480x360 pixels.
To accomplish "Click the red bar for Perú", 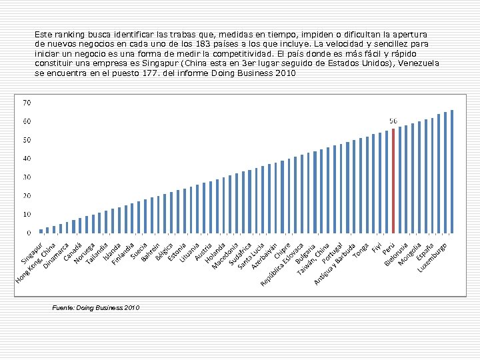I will (393, 181).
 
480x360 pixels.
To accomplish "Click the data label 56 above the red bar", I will (393, 121).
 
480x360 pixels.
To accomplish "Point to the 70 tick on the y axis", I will (27, 103).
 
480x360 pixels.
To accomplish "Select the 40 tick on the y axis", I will (27, 159).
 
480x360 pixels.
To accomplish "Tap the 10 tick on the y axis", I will (27, 215).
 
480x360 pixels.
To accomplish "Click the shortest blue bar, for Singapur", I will (41, 231).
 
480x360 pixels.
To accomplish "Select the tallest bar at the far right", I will (452, 171).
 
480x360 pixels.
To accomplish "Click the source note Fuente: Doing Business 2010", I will (95, 307).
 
